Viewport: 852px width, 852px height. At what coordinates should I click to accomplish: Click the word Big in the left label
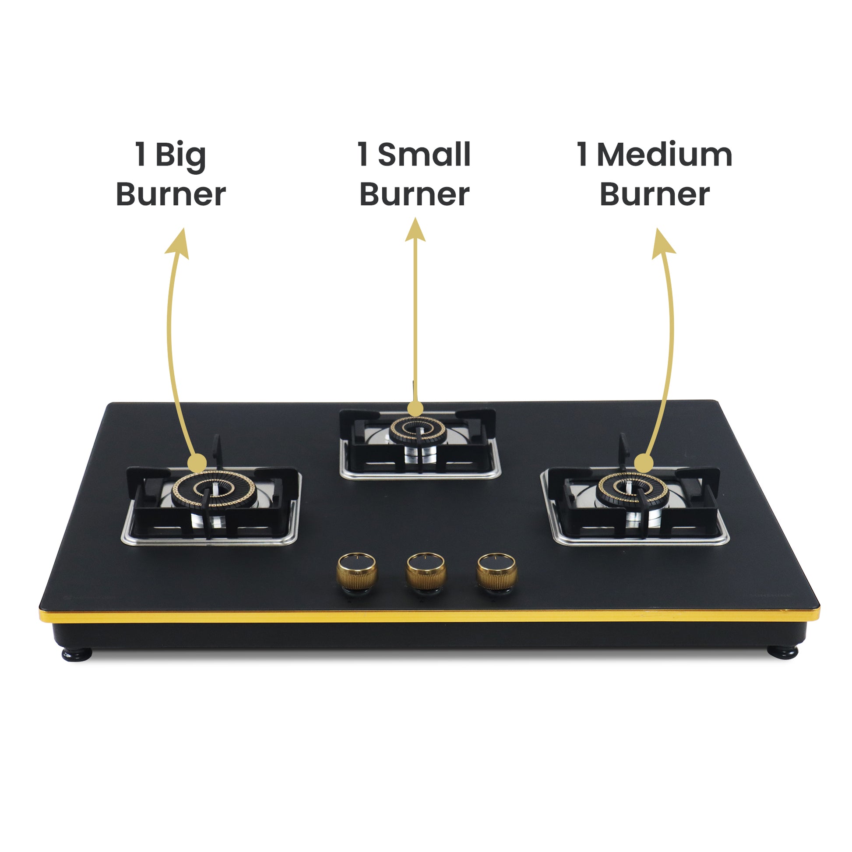180,156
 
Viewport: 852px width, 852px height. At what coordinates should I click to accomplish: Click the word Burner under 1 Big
171,194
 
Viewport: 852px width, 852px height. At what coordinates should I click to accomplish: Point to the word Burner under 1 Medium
655,194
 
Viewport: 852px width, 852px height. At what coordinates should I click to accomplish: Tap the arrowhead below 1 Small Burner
415,231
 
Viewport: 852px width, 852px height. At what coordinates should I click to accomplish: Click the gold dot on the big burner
197,464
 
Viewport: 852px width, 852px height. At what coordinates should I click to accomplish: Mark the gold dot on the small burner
415,408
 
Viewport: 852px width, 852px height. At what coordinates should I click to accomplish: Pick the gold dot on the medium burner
644,464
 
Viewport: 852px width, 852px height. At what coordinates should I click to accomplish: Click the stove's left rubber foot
77,655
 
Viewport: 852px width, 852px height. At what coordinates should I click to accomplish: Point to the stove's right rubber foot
782,651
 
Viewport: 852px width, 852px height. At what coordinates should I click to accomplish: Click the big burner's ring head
214,490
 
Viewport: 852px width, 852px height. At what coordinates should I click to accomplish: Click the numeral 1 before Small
363,155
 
